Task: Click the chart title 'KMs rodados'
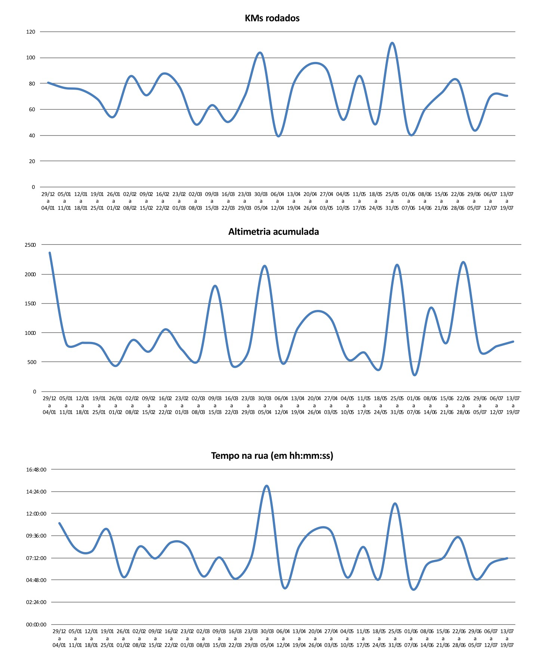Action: pos(272,18)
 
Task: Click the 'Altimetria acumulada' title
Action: pos(274,231)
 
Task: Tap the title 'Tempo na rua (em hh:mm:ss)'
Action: pos(272,455)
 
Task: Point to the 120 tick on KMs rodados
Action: pos(31,32)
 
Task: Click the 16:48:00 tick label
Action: pos(36,470)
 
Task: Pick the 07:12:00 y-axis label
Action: pos(36,558)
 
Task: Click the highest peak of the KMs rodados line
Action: pos(392,43)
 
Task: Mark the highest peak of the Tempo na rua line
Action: pos(266,486)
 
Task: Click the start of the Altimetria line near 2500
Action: pos(50,253)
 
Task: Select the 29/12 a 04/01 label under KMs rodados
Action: pos(48,201)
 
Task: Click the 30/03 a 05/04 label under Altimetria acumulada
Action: pos(265,405)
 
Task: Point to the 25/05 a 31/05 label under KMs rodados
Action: pos(392,201)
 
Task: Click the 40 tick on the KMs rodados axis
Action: pos(32,136)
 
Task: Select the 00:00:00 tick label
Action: pos(36,624)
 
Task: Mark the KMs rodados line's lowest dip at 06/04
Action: pos(278,136)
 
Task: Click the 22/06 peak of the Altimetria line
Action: pos(463,262)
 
